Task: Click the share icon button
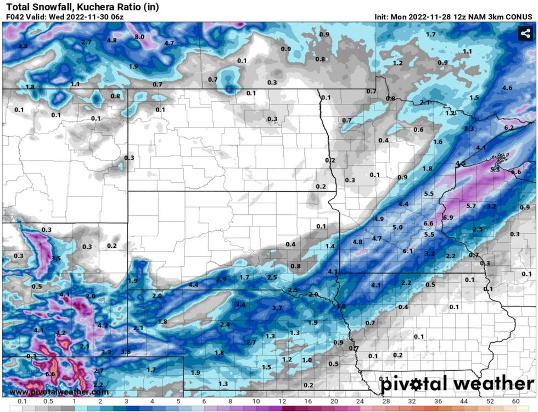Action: pos(525,34)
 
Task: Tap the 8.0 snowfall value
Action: pos(139,37)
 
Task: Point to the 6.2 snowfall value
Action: pos(508,127)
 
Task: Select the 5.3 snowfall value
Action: pos(495,169)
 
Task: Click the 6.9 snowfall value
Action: pos(447,218)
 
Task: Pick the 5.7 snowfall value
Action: pos(470,206)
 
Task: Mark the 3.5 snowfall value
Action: pos(56,258)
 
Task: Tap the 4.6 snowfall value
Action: pos(507,88)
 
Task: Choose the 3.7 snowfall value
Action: pos(277,308)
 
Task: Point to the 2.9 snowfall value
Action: pos(221,280)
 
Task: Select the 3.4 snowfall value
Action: pos(240,304)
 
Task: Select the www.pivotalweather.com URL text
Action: pos(59,392)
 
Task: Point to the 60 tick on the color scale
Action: pos(516,402)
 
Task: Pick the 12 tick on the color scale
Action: pos(282,402)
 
